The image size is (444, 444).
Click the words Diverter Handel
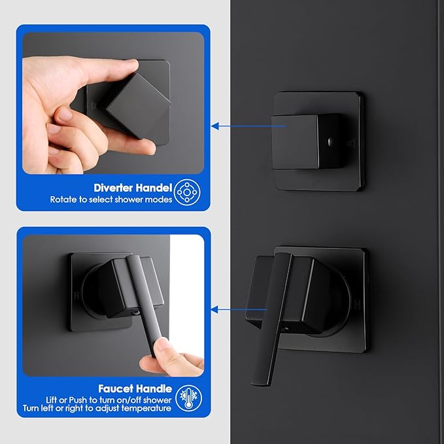point(133,188)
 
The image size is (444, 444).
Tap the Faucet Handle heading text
point(135,388)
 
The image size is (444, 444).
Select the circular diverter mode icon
point(187,192)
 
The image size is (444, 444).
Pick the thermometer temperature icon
point(188,398)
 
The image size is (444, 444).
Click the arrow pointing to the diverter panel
point(248,126)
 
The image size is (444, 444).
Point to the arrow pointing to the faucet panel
point(239,309)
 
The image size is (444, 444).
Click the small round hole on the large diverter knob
point(330,140)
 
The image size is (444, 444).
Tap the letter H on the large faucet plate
point(358,305)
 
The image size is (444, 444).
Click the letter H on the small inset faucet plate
point(76,296)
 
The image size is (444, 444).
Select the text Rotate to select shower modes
point(111,199)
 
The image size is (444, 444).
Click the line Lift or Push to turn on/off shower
point(109,400)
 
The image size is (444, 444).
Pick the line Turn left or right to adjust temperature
point(97,408)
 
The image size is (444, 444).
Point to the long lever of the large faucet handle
point(272,319)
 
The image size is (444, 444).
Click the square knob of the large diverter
point(307,142)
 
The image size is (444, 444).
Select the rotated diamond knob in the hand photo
point(139,106)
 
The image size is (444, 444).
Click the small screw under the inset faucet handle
point(136,313)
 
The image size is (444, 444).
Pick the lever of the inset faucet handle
point(145,303)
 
